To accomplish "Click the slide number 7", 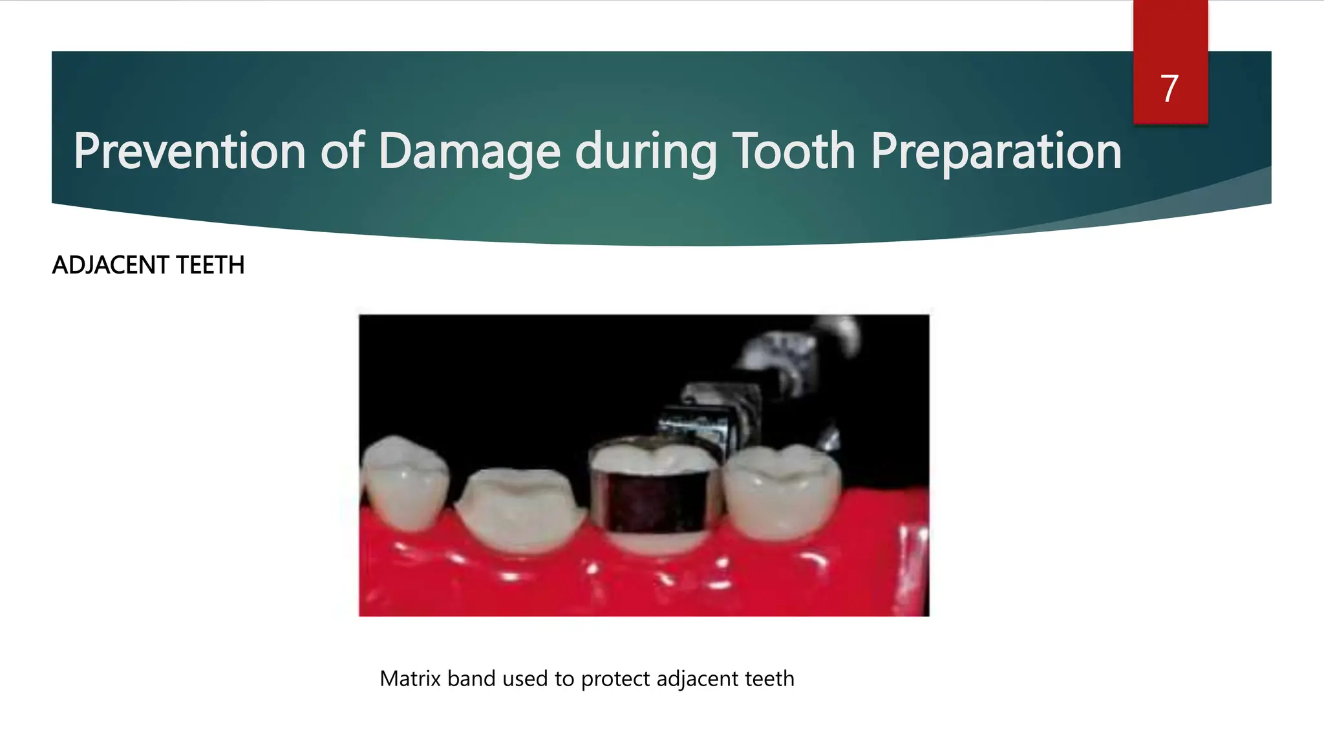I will click(1169, 89).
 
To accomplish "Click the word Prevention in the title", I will click(189, 151).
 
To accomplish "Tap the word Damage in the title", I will click(469, 151).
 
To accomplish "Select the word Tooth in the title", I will click(795, 151).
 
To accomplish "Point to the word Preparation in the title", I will click(996, 151).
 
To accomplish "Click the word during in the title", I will click(646, 151).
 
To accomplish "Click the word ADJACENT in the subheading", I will click(111, 265).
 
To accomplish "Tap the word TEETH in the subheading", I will click(210, 265).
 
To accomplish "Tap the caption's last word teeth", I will click(769, 678).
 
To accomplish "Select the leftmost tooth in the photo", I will click(404, 482).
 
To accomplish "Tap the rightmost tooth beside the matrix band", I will click(782, 491).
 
